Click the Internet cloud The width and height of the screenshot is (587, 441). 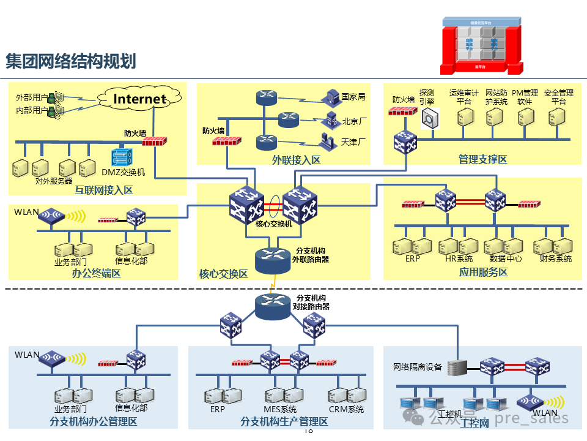click(140, 98)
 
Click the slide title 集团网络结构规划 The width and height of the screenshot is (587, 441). click(70, 61)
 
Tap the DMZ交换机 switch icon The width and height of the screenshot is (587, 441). click(122, 157)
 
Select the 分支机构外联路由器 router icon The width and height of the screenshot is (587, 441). click(272, 260)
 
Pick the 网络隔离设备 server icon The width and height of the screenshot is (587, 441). click(457, 367)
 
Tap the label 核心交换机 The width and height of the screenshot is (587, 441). click(274, 224)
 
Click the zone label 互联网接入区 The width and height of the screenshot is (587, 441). click(103, 190)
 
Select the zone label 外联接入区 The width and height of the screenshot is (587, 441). click(296, 160)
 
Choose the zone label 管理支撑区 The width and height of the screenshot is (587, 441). click(482, 159)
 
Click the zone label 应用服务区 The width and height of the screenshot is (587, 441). click(483, 272)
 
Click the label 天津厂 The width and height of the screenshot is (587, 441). click(354, 142)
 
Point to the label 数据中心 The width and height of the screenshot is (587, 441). click(506, 258)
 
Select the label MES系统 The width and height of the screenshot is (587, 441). click(280, 409)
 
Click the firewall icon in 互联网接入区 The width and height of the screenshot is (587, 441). click(154, 141)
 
